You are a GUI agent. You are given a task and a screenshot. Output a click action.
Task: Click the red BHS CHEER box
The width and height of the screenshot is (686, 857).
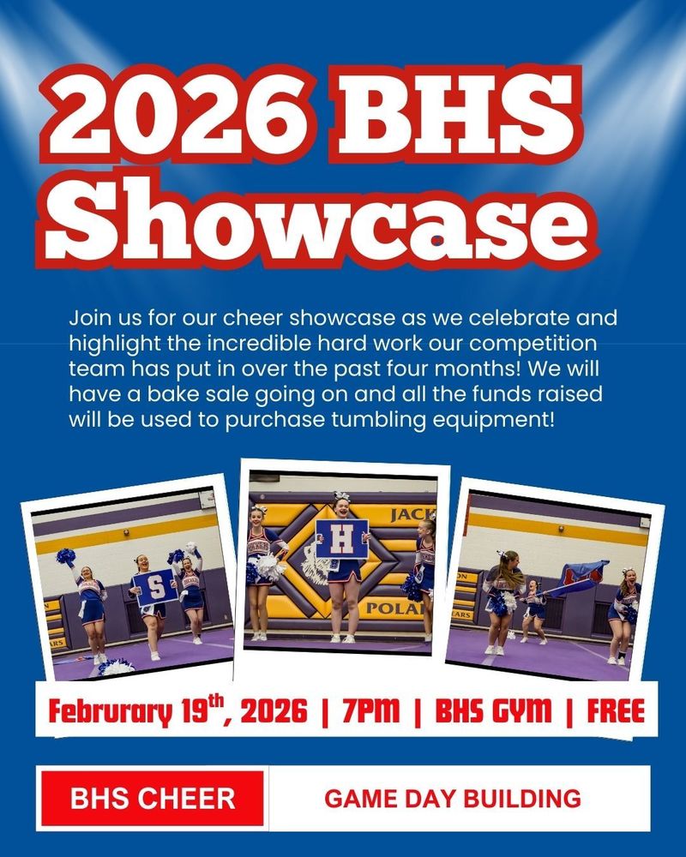153,799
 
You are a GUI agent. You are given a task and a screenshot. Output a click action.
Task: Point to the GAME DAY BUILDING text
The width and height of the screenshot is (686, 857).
452,799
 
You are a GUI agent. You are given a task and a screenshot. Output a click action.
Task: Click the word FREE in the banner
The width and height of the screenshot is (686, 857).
616,710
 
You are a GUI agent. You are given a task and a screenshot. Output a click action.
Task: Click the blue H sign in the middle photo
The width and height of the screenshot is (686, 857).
341,540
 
